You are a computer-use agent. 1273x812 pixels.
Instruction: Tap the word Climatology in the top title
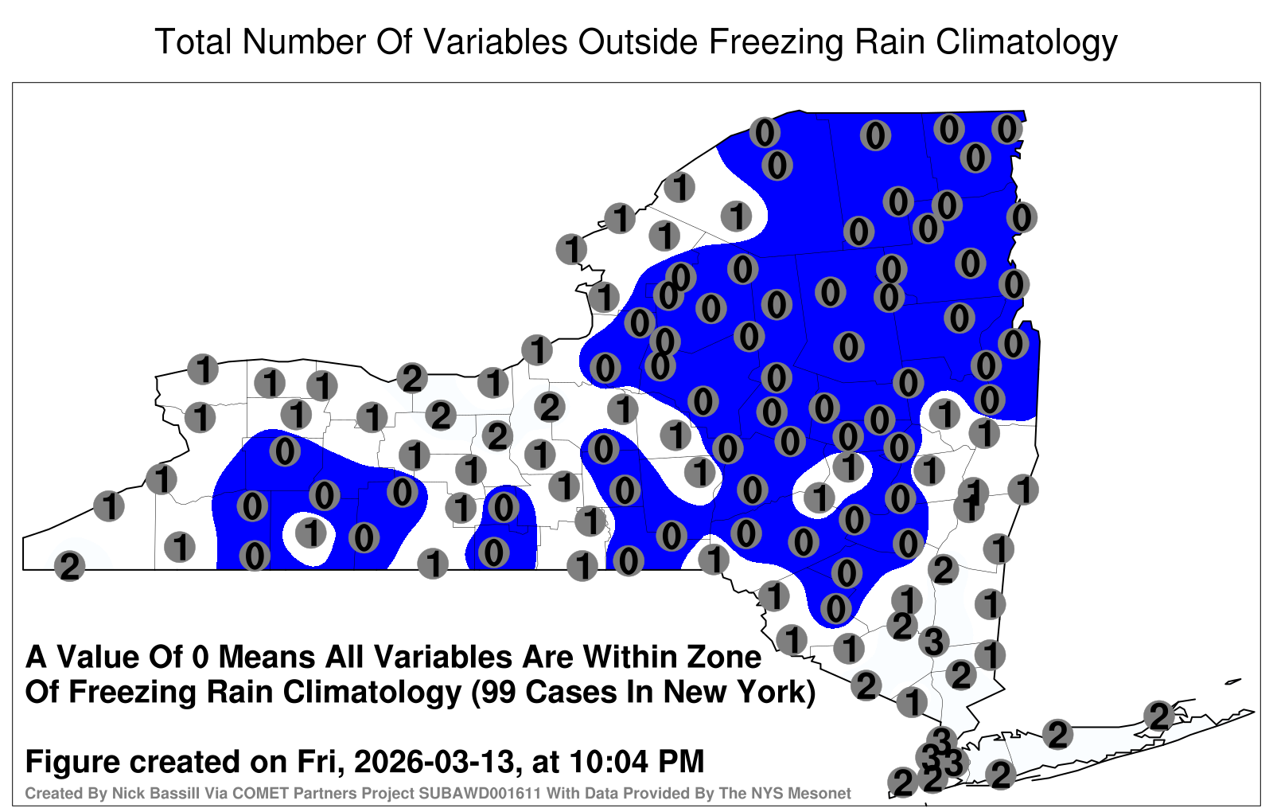[x=1026, y=44]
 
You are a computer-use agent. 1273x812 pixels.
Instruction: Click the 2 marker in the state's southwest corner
[x=69, y=566]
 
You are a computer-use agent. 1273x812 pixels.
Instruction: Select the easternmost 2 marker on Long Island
[x=1158, y=716]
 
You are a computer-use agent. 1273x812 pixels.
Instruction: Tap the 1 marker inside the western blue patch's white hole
[x=311, y=533]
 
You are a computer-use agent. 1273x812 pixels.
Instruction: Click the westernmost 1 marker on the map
[x=108, y=506]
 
